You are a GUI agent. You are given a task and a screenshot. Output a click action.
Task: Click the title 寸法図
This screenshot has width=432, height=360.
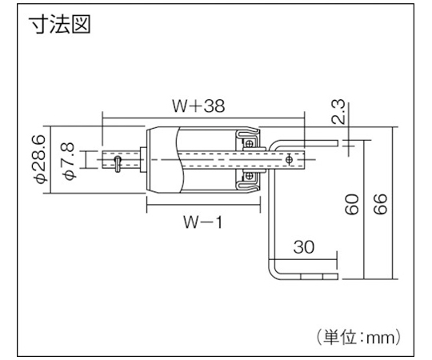(60, 24)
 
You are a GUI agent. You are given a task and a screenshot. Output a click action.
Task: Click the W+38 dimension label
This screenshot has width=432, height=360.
(198, 106)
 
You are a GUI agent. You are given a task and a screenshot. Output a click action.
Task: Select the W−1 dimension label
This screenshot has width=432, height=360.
(202, 222)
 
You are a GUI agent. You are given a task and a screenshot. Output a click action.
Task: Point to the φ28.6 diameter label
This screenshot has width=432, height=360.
(40, 159)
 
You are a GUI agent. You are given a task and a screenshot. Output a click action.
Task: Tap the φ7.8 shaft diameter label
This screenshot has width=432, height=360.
(68, 162)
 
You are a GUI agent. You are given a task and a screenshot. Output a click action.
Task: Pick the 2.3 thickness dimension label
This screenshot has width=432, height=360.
(338, 111)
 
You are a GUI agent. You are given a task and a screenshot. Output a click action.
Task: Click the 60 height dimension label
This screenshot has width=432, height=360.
(352, 204)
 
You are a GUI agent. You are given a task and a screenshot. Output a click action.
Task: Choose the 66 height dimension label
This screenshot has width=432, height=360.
(381, 204)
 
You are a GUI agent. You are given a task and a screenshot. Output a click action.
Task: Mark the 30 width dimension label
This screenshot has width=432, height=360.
(304, 247)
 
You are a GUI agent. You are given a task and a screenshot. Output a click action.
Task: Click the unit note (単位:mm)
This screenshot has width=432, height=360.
(358, 337)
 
